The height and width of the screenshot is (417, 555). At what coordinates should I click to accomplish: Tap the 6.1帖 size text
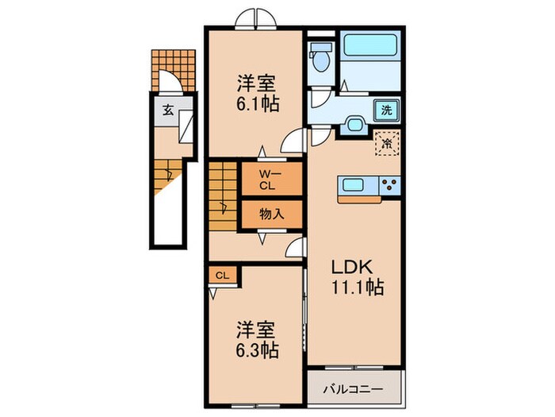pos(255,103)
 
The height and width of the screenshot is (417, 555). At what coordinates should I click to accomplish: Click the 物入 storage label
pos(270,214)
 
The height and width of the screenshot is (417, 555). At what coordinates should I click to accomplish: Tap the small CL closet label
pos(222,276)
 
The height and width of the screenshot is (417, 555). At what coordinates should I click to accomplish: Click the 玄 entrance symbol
pos(168,110)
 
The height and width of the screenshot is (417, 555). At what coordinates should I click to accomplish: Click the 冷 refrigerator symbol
pos(387,144)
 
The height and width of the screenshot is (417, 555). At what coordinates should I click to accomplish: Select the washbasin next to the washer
pos(355,125)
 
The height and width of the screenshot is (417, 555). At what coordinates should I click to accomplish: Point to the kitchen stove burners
pos(389,186)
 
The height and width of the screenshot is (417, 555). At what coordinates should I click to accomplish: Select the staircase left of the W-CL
pos(224,197)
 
